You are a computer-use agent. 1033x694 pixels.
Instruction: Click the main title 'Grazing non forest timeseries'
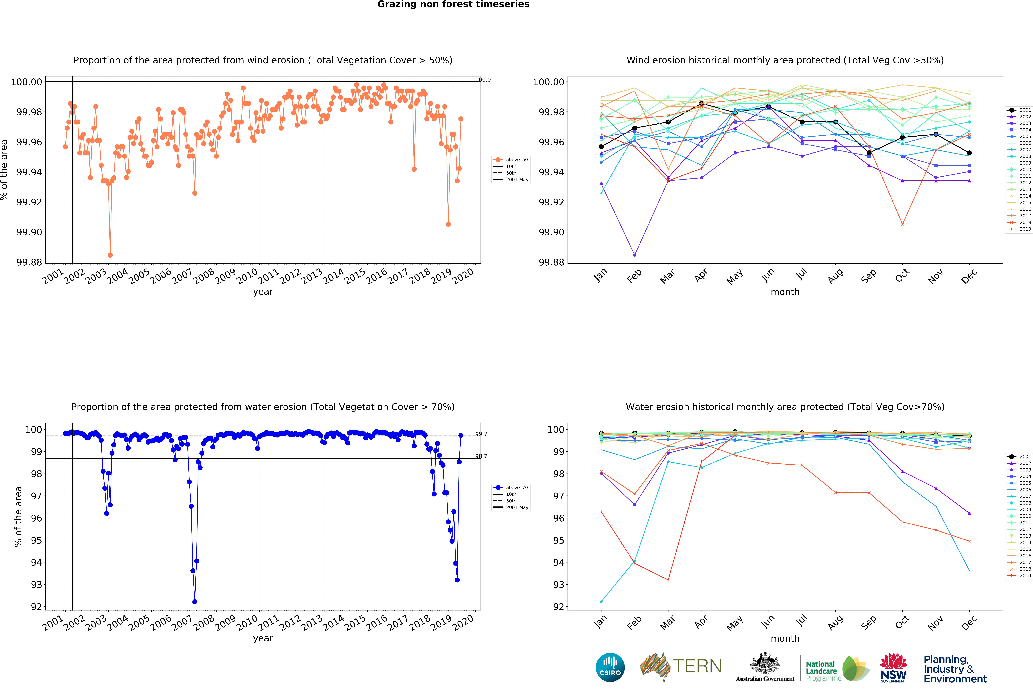click(x=453, y=4)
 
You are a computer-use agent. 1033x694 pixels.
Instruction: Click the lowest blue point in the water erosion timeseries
click(x=195, y=602)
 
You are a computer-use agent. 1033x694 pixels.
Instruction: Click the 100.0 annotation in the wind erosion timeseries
click(x=483, y=80)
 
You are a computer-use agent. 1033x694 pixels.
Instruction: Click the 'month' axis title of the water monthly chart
click(x=785, y=638)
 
